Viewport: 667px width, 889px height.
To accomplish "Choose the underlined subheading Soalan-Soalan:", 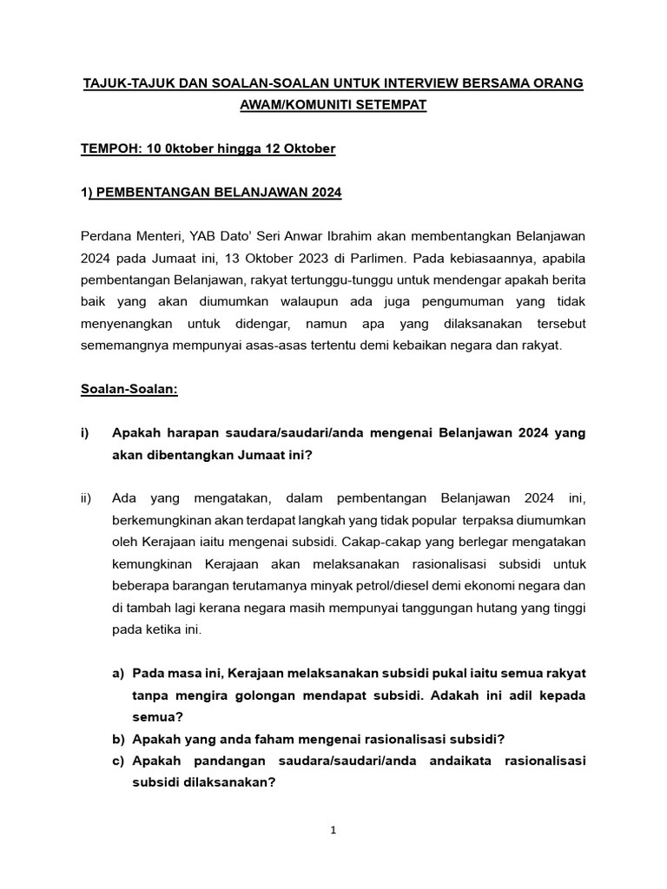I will (x=129, y=389).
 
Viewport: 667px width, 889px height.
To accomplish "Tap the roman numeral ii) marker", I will (x=85, y=498).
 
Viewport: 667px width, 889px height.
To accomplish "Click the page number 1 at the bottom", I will (x=333, y=830).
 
